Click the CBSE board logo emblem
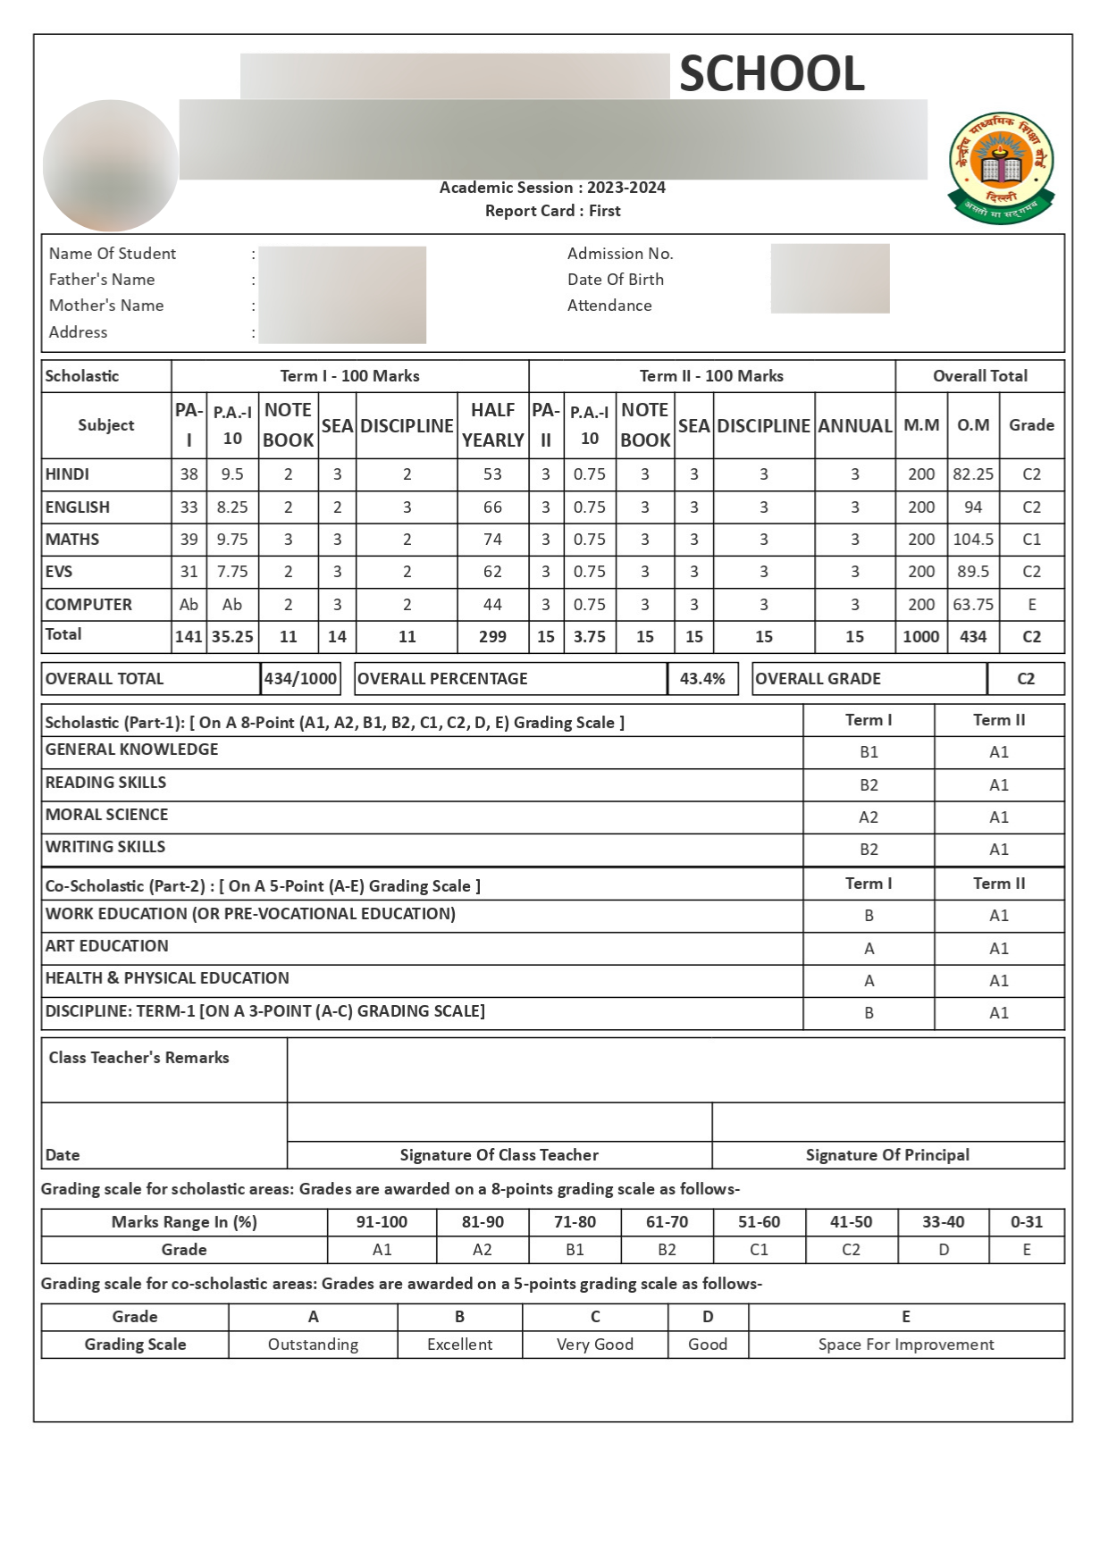[x=1001, y=167]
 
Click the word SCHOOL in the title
[x=772, y=73]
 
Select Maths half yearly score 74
[x=492, y=540]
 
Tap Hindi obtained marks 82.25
[x=973, y=474]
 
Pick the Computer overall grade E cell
[x=1031, y=605]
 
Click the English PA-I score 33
[x=189, y=507]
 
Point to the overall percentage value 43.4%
[x=702, y=679]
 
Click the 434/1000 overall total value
[x=300, y=679]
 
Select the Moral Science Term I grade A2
[x=869, y=817]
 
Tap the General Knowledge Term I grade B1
[x=869, y=752]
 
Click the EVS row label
[x=59, y=572]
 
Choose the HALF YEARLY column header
[x=492, y=425]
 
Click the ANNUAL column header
[x=855, y=426]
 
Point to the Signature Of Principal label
[x=887, y=1155]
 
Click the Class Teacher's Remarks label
[x=138, y=1058]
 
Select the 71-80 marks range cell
[x=575, y=1222]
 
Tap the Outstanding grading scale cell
[x=313, y=1345]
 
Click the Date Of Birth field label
[x=615, y=280]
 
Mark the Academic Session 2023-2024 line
[x=552, y=188]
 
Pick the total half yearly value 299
[x=492, y=637]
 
